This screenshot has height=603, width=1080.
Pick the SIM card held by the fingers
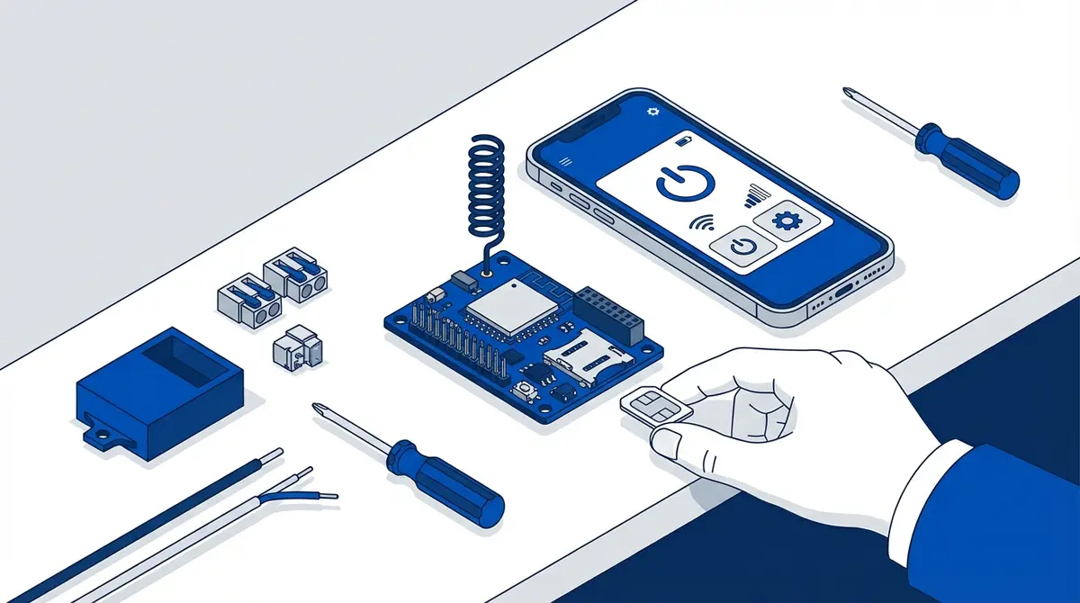coord(655,409)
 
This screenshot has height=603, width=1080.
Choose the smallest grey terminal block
coord(296,346)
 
